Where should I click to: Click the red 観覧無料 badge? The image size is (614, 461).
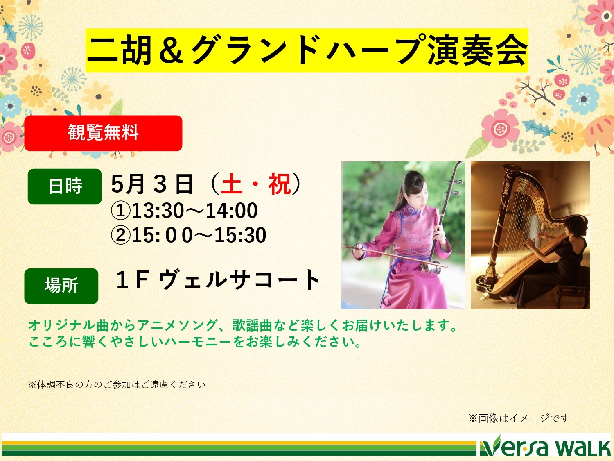103,133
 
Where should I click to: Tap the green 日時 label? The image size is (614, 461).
65,186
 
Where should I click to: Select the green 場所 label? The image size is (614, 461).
61,286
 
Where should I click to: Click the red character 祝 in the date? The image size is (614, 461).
280,184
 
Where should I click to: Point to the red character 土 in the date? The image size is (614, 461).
231,184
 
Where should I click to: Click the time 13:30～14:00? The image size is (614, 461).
194,211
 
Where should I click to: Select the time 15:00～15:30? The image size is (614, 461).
199,235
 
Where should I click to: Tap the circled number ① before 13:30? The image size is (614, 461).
121,211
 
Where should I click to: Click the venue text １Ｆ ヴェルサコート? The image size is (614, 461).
218,279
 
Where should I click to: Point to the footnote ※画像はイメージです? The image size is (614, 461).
519,418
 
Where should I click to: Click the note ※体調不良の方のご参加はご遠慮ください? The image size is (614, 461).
117,385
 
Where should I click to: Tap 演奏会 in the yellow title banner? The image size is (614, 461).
477,51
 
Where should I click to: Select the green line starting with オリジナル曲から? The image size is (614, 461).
243,325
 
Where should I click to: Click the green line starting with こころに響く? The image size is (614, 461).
195,342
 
